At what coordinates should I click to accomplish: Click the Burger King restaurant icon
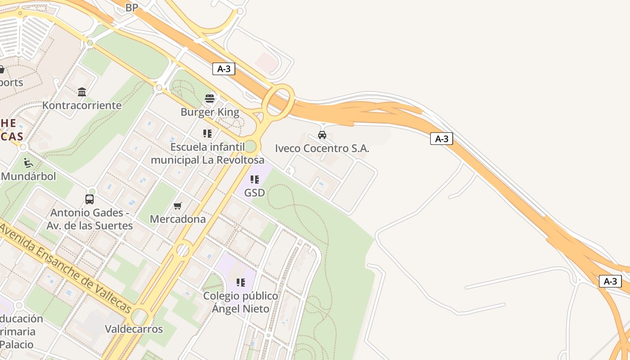click(210, 98)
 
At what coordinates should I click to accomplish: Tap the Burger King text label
click(210, 112)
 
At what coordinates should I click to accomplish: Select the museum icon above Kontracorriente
click(82, 92)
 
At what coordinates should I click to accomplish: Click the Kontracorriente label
click(82, 105)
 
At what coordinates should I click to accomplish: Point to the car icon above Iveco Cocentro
click(322, 135)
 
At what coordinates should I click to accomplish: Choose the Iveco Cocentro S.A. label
click(322, 148)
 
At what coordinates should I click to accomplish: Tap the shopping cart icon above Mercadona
click(178, 206)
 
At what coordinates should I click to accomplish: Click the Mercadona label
click(178, 219)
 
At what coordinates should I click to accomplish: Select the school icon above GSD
click(255, 180)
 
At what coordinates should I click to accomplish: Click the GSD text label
click(254, 193)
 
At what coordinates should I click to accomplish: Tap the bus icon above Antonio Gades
click(90, 199)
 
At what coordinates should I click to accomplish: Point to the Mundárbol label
click(29, 176)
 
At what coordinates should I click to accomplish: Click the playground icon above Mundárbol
click(28, 162)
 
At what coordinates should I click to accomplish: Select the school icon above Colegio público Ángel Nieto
click(241, 283)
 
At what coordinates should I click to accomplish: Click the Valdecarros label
click(134, 329)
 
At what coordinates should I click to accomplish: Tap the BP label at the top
click(132, 8)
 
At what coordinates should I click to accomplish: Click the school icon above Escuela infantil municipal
click(207, 134)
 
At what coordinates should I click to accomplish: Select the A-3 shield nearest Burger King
click(224, 69)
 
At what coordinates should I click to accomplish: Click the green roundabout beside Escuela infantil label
click(251, 146)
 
